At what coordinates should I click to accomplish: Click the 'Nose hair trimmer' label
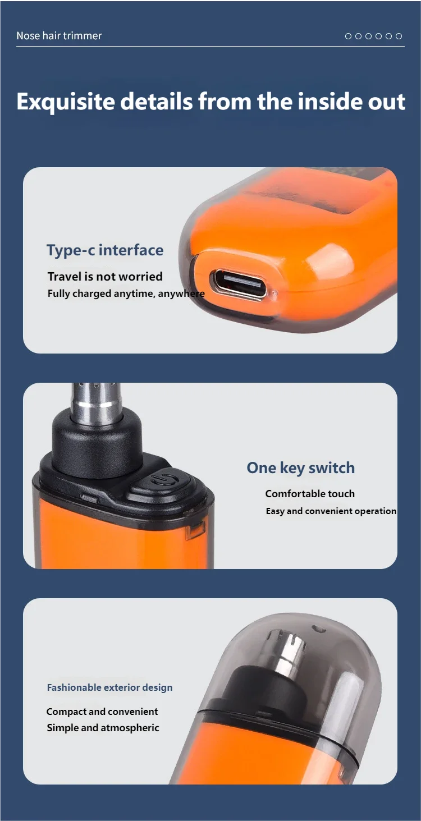coord(59,35)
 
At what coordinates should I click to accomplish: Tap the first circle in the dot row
coord(349,36)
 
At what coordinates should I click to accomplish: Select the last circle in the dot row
coord(399,36)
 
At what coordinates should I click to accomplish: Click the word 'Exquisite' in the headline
coord(66,102)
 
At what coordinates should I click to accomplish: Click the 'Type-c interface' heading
coord(105,250)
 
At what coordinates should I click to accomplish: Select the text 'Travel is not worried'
coord(105,276)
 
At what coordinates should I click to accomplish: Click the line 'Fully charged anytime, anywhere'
coord(126,293)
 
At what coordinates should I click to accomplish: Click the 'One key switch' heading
coord(301,468)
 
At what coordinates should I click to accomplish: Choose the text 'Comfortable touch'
coord(310,494)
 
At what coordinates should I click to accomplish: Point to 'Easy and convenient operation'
coord(331,511)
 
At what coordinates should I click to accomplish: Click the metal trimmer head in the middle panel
coord(97,403)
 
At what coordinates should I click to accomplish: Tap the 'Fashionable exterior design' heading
coord(109,687)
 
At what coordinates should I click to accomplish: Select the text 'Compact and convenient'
coord(102,712)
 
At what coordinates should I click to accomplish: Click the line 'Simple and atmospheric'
coord(103,727)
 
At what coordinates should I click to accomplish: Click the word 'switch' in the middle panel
coord(332,467)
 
